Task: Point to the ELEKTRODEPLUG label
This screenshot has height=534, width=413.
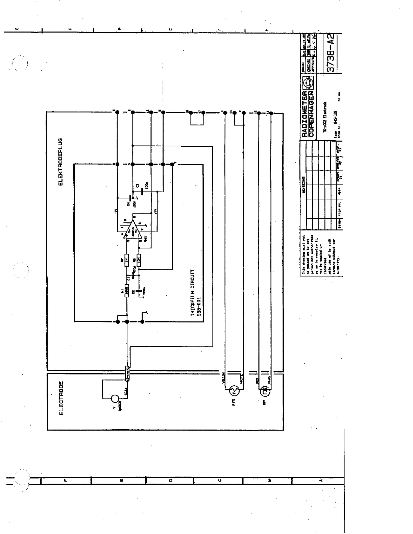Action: tap(61, 162)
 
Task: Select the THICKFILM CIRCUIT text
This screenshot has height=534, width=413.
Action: tap(193, 293)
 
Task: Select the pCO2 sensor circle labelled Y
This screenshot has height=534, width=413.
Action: tap(115, 399)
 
